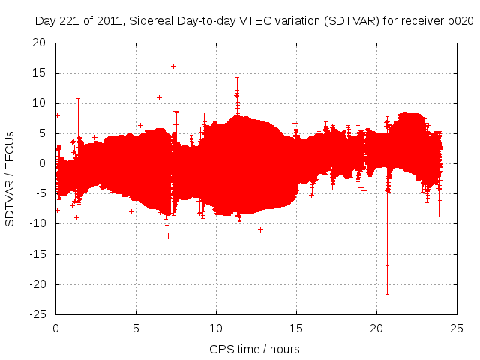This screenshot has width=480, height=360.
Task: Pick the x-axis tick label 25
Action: coord(456,328)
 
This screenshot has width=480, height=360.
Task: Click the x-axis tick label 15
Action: coord(296,328)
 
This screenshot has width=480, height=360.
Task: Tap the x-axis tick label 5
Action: coord(136,328)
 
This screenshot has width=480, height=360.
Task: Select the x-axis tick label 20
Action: coord(376,328)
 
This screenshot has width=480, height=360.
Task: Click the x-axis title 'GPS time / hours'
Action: coord(255,349)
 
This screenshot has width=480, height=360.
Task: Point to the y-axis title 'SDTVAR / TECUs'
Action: coord(10,178)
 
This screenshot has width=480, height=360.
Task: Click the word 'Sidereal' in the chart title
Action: coord(152,22)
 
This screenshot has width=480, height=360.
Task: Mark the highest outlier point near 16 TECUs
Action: coord(173,66)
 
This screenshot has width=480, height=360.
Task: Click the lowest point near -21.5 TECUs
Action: coord(387,293)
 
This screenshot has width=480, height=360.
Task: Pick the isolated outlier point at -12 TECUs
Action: coord(168,235)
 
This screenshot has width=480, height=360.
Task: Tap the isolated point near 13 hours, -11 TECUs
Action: coord(260,229)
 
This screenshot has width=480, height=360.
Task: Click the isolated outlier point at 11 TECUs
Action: coord(159,97)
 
